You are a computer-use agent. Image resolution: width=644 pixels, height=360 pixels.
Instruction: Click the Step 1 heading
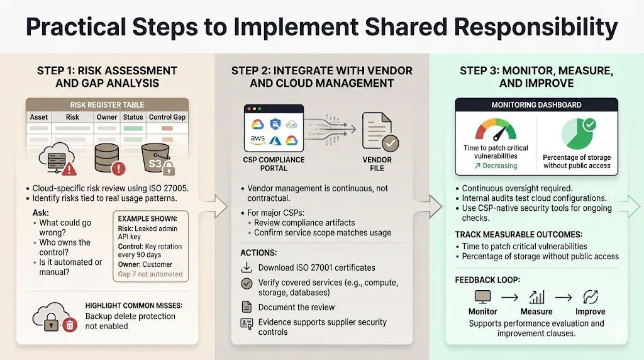point(107,76)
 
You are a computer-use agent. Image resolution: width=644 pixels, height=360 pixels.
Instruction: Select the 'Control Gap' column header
point(167,117)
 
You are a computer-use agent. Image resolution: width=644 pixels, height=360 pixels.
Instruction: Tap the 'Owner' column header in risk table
point(107,117)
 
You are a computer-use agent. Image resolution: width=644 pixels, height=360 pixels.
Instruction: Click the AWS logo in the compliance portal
point(257,139)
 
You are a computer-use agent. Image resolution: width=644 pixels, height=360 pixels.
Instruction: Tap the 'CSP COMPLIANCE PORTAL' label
point(274,164)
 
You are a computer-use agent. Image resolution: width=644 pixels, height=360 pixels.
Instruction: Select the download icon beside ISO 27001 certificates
point(247,267)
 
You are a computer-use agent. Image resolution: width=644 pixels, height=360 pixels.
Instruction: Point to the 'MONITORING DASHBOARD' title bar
point(536,105)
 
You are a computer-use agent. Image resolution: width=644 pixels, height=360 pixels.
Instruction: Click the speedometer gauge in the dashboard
point(496,128)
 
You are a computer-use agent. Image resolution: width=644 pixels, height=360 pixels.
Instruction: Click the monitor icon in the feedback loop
point(482,296)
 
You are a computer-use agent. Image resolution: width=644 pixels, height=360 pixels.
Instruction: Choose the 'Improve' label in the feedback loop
point(590,312)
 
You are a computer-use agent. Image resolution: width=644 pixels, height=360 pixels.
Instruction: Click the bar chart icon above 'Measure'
point(536,296)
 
